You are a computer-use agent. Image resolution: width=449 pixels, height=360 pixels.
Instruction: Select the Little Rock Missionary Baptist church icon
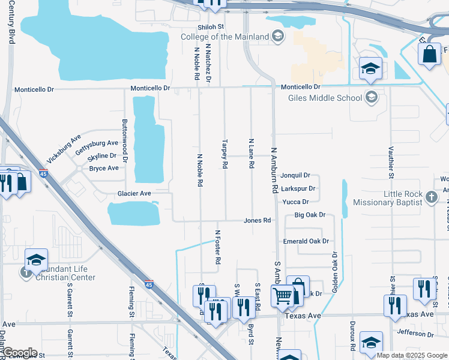tap(431, 196)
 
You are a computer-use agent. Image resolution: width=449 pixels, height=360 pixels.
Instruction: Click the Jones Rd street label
tap(258, 220)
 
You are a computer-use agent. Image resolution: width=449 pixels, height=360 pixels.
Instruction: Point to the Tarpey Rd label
tap(225, 154)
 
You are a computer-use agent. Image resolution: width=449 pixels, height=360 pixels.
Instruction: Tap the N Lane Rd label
tap(252, 153)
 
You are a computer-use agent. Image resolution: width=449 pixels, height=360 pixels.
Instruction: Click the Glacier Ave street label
tap(133, 193)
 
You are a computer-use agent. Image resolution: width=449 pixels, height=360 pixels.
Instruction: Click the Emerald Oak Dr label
tap(306, 241)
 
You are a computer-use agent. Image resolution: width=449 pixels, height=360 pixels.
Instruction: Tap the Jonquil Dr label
tap(295, 176)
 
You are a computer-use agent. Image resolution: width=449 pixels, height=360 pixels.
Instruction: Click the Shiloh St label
tap(211, 27)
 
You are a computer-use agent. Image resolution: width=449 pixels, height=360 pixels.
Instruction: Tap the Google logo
tap(20, 353)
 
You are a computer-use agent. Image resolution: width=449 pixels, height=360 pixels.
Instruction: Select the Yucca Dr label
tap(295, 202)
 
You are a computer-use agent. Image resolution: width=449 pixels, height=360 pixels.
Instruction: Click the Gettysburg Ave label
tap(95, 143)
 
